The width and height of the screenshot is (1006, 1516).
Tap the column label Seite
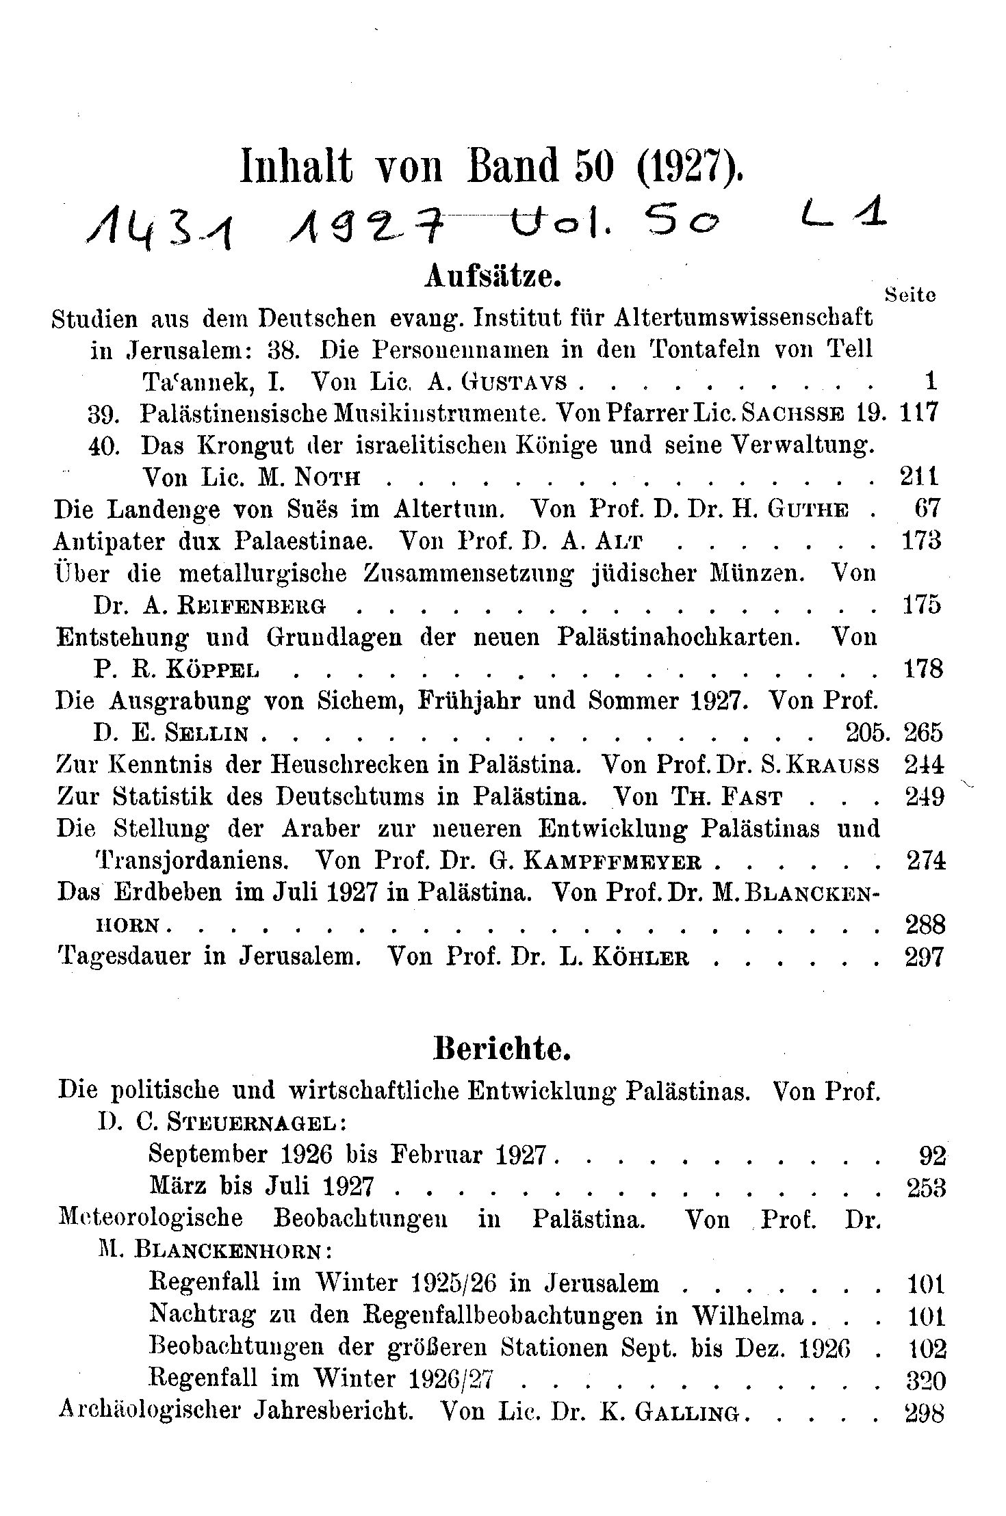coord(910,295)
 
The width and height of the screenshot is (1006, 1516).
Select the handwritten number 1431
coord(161,229)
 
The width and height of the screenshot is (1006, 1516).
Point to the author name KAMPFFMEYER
coord(612,861)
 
